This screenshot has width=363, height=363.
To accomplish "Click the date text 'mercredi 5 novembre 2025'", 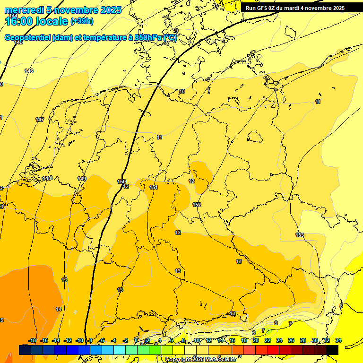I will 63,10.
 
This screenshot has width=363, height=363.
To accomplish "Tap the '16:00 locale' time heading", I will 37,21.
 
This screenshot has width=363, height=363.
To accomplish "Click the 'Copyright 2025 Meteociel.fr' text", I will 200,360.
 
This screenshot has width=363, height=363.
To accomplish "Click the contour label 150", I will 121,181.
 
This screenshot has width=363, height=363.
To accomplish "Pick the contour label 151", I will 154,188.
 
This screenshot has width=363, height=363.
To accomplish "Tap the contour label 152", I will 197,205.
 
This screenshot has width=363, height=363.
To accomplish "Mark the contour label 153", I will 300,235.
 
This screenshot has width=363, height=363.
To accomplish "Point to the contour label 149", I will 82,179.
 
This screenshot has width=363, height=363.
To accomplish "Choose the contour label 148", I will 47,178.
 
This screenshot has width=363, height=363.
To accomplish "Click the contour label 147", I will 40,120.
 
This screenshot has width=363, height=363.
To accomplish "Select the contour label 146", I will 29,71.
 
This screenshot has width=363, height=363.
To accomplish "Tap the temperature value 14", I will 59,309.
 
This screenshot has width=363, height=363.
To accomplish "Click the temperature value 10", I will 182,91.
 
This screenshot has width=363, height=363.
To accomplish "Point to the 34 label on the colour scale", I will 338,340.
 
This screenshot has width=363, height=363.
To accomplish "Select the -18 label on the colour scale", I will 33,340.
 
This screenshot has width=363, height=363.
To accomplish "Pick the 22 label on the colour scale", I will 268,340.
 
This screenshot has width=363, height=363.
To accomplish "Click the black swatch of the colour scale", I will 332,350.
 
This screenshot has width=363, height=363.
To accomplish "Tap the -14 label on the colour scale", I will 56,340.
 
